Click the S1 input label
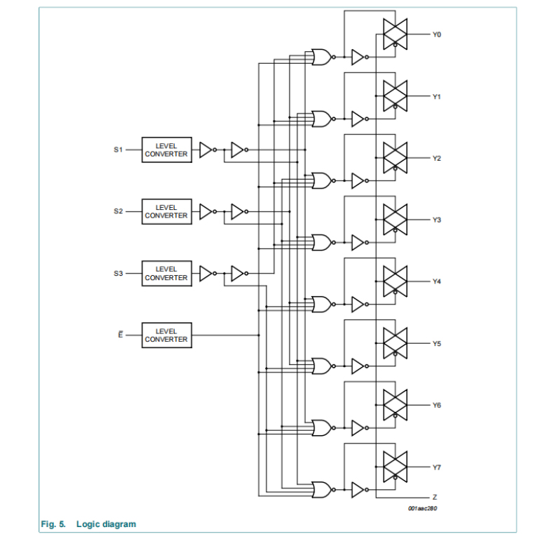119,149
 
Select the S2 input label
119,211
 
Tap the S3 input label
119,273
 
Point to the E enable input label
119,335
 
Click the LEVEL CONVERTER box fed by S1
166,150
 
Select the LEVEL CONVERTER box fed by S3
166,273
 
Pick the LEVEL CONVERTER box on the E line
166,335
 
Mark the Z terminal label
435,497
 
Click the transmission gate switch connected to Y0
395,34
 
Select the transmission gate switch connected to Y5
395,342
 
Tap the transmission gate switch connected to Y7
395,467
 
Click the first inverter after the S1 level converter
205,149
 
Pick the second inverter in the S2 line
238,211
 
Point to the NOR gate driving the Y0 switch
322,58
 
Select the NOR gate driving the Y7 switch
322,489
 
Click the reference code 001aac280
422,508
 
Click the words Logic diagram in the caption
106,524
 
